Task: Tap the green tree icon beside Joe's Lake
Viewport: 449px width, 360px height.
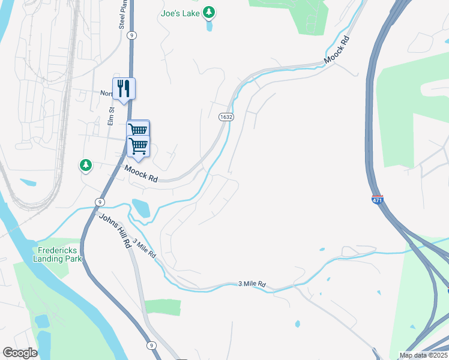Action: [209, 12]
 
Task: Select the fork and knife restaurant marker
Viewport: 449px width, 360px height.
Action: [124, 89]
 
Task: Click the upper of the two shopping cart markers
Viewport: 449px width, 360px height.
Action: [137, 130]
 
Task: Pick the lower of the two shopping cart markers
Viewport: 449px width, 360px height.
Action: [139, 145]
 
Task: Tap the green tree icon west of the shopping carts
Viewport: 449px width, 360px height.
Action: [86, 165]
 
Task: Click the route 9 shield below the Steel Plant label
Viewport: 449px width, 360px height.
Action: [131, 35]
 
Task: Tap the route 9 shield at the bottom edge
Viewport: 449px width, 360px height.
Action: [151, 345]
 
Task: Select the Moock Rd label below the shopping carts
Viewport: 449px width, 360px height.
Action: [141, 175]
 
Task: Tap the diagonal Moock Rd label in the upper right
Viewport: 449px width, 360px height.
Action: [336, 50]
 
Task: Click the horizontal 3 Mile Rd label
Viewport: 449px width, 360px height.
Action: [252, 284]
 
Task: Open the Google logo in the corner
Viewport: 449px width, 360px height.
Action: [20, 353]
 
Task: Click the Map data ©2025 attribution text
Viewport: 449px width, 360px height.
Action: [423, 355]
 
